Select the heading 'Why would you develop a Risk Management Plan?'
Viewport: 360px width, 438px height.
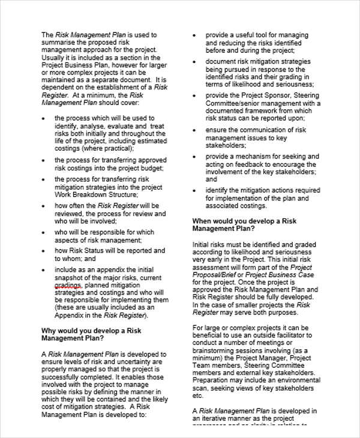[91, 334]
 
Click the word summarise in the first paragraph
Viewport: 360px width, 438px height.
[59, 43]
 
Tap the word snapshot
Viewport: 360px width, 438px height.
[71, 278]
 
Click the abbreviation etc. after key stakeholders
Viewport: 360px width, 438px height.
[198, 395]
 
